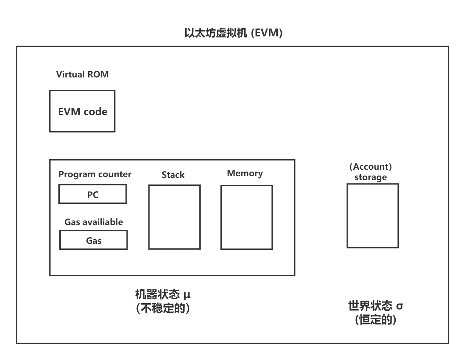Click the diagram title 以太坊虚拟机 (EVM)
233,33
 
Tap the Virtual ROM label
82,74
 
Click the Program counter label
95,174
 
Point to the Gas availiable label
94,222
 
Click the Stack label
173,175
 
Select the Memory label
245,174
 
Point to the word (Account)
371,167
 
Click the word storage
371,177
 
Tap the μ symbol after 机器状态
187,295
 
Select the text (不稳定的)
163,308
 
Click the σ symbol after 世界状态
399,306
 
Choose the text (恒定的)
375,320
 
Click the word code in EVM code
95,112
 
